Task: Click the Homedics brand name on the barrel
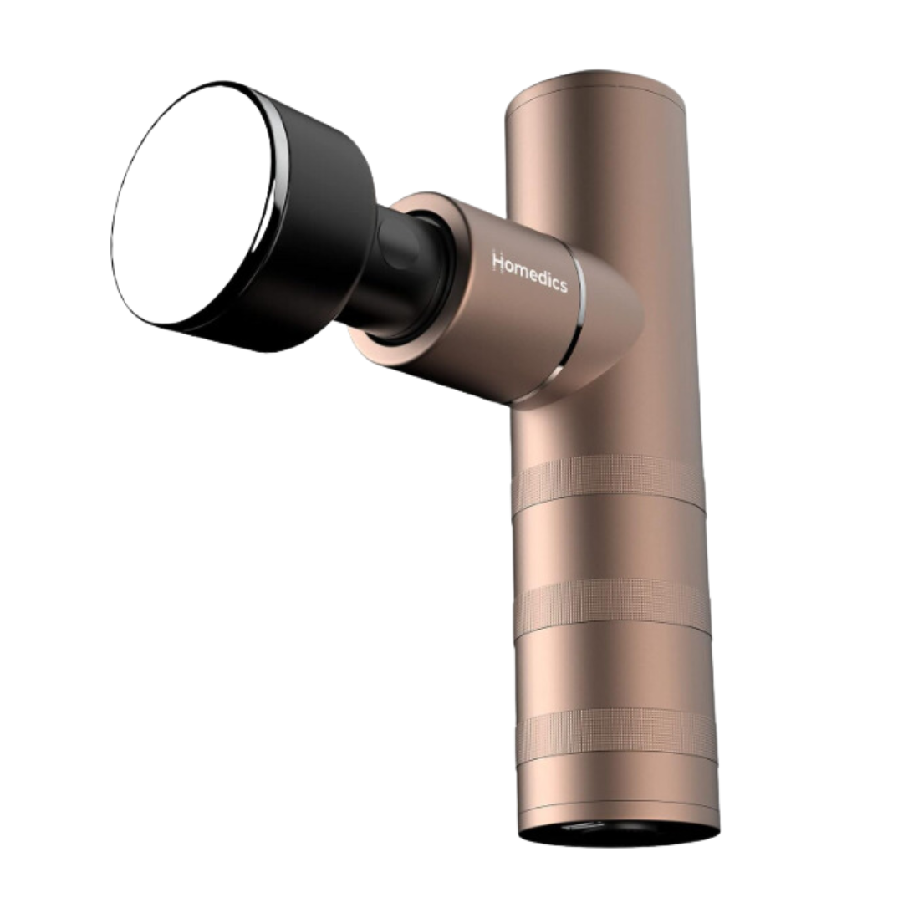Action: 529,273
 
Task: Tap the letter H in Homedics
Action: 497,262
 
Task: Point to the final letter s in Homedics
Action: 563,285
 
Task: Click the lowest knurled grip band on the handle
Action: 617,734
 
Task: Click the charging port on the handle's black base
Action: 583,828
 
